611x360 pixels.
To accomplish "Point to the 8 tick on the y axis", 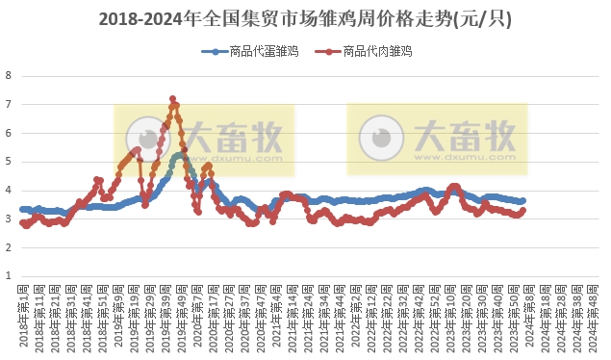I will click(x=9, y=75).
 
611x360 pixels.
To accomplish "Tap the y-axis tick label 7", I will click(x=9, y=104).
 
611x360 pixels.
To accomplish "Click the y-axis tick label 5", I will click(x=9, y=162).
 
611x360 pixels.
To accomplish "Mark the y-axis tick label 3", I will click(x=9, y=219).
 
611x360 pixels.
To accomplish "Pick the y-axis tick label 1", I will click(x=9, y=276).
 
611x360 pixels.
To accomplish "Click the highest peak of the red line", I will click(x=172, y=98).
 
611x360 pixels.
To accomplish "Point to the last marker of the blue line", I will click(x=522, y=200).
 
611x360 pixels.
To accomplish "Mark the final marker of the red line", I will click(x=522, y=210).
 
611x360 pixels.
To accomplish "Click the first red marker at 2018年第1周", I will click(x=22, y=222).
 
